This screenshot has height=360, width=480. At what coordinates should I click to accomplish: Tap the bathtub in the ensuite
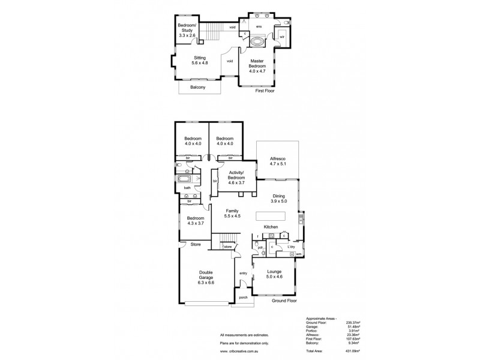258,43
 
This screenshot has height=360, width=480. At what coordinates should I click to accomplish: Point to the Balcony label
199,88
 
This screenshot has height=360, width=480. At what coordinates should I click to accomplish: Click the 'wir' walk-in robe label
281,37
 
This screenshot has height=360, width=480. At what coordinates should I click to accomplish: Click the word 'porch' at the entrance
243,298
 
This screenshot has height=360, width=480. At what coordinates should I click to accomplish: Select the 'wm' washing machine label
298,254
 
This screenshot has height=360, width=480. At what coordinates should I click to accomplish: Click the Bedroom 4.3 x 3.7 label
195,221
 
